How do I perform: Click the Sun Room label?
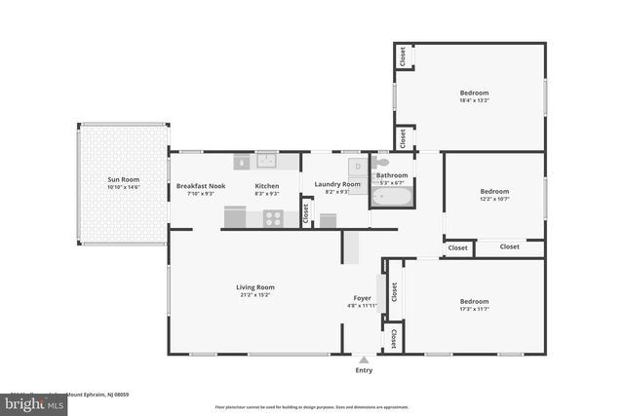click(x=123, y=179)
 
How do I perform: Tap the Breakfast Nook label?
click(x=201, y=185)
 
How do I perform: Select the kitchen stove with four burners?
click(x=273, y=218)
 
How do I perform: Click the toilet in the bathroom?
click(x=381, y=163)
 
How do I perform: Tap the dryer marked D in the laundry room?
click(x=358, y=168)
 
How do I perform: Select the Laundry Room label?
click(x=337, y=183)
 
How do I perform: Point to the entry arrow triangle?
click(x=364, y=359)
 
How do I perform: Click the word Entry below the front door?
click(x=364, y=370)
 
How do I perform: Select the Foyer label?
click(x=362, y=297)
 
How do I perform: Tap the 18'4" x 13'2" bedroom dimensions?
click(x=474, y=99)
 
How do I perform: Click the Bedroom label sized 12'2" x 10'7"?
click(x=494, y=191)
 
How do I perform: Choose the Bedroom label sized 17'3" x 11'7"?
click(x=474, y=301)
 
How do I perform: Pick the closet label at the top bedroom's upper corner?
click(x=402, y=57)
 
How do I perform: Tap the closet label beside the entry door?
click(x=393, y=338)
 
